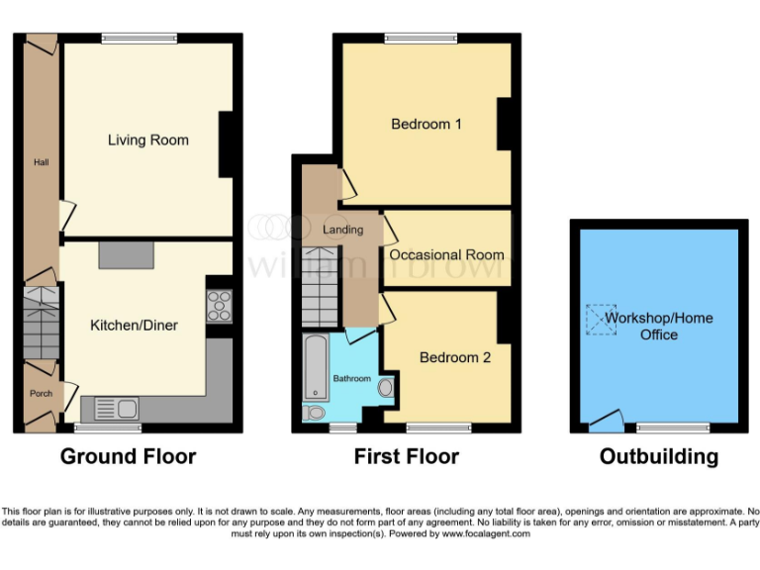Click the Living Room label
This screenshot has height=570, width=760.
(147, 140)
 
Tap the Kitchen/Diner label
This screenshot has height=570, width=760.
(134, 325)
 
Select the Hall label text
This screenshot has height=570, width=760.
(41, 162)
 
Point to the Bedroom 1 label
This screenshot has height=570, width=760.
(427, 125)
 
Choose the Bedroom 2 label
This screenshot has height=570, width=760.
(454, 357)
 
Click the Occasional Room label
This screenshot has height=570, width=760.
(446, 254)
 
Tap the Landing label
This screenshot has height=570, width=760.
(342, 230)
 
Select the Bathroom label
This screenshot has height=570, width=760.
(351, 379)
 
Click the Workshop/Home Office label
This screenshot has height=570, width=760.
(658, 327)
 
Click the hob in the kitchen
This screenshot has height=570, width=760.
(218, 305)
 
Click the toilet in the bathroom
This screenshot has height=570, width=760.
(316, 413)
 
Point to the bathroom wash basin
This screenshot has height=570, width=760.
(385, 388)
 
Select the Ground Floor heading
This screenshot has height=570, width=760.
(128, 456)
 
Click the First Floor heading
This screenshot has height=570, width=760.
(406, 456)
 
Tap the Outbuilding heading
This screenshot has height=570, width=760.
(658, 456)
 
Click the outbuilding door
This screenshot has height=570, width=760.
(604, 423)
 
